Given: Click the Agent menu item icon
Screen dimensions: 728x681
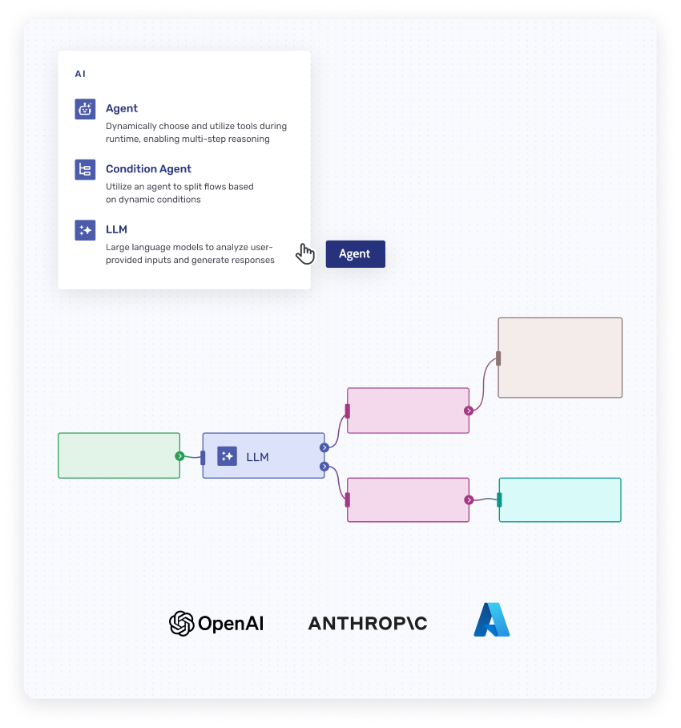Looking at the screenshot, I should (x=85, y=109).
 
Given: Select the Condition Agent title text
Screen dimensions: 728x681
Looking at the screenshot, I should (x=148, y=169).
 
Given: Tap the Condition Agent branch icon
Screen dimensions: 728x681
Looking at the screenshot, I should (x=85, y=169).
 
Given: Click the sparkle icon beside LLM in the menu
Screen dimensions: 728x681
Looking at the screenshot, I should (x=85, y=230).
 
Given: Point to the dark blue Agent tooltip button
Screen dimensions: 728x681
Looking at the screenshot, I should (x=355, y=254).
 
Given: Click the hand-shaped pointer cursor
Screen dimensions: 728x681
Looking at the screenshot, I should (x=305, y=253).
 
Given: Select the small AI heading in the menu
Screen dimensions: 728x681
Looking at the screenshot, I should (x=80, y=74).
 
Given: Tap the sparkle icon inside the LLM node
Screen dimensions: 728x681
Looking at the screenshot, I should (x=227, y=456).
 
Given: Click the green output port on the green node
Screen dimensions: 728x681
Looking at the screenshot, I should (x=179, y=456).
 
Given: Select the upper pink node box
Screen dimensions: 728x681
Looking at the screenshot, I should (x=407, y=411).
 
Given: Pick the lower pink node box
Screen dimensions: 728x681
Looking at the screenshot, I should (x=407, y=499).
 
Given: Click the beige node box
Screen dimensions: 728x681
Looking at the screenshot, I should (x=560, y=358).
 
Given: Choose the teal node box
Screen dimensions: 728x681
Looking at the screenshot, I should (x=560, y=499).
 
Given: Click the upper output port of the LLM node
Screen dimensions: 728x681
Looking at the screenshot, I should (x=324, y=447).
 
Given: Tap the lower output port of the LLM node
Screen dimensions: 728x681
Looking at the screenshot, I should (x=324, y=466).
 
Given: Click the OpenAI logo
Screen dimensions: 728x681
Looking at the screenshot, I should (x=216, y=623).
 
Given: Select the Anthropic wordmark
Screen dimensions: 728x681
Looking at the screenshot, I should (x=368, y=624).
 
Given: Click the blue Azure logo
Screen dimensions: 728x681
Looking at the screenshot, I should (x=491, y=621).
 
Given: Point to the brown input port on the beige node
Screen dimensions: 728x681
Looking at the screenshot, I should (x=498, y=358).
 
